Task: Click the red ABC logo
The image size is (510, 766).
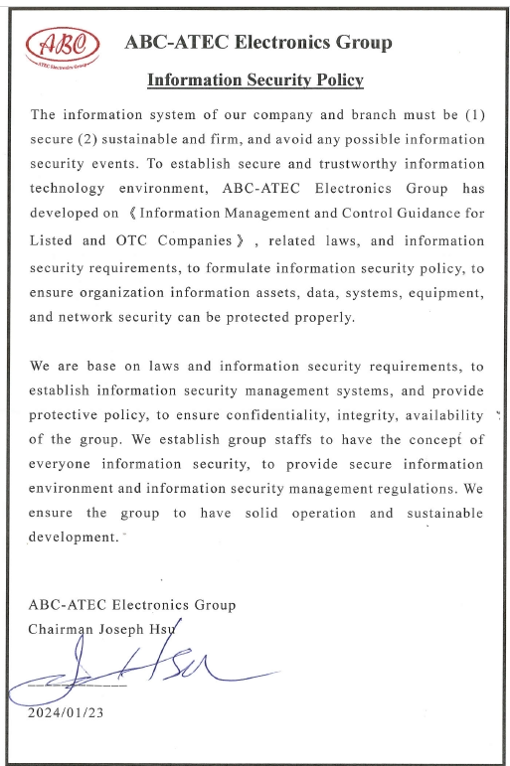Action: (x=62, y=44)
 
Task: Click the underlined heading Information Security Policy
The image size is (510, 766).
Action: (x=255, y=80)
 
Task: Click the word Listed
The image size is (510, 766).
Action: (x=53, y=240)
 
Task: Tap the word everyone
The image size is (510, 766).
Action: (x=64, y=464)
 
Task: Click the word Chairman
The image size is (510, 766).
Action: (x=65, y=629)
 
